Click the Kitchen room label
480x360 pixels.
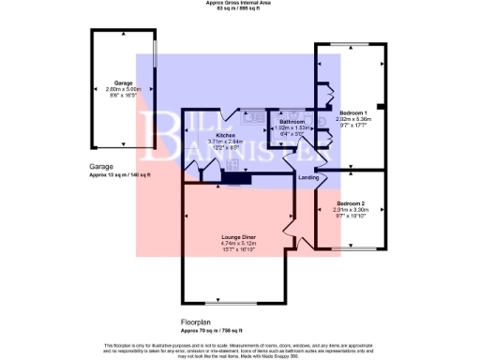point(226,135)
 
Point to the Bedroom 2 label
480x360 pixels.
point(351,203)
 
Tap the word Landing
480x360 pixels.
point(308,176)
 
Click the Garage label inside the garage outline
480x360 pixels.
point(123,82)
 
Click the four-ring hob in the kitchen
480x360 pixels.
point(231,173)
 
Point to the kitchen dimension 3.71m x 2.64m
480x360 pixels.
point(226,142)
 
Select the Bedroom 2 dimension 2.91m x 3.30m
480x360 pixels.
point(351,210)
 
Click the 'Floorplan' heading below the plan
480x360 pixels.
point(200,322)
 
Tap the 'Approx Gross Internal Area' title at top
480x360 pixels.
point(239,3)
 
